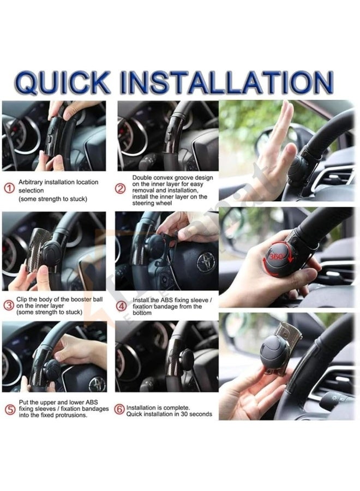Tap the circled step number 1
coord(9,188)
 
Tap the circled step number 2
coord(121,189)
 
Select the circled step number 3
coord(9,305)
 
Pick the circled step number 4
coord(121,305)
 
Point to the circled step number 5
coord(9,409)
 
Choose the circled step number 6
coord(119,409)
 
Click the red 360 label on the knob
coord(274,255)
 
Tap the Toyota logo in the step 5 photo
coord(97,383)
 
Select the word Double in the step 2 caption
coord(143,178)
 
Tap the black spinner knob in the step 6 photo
coord(187,359)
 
